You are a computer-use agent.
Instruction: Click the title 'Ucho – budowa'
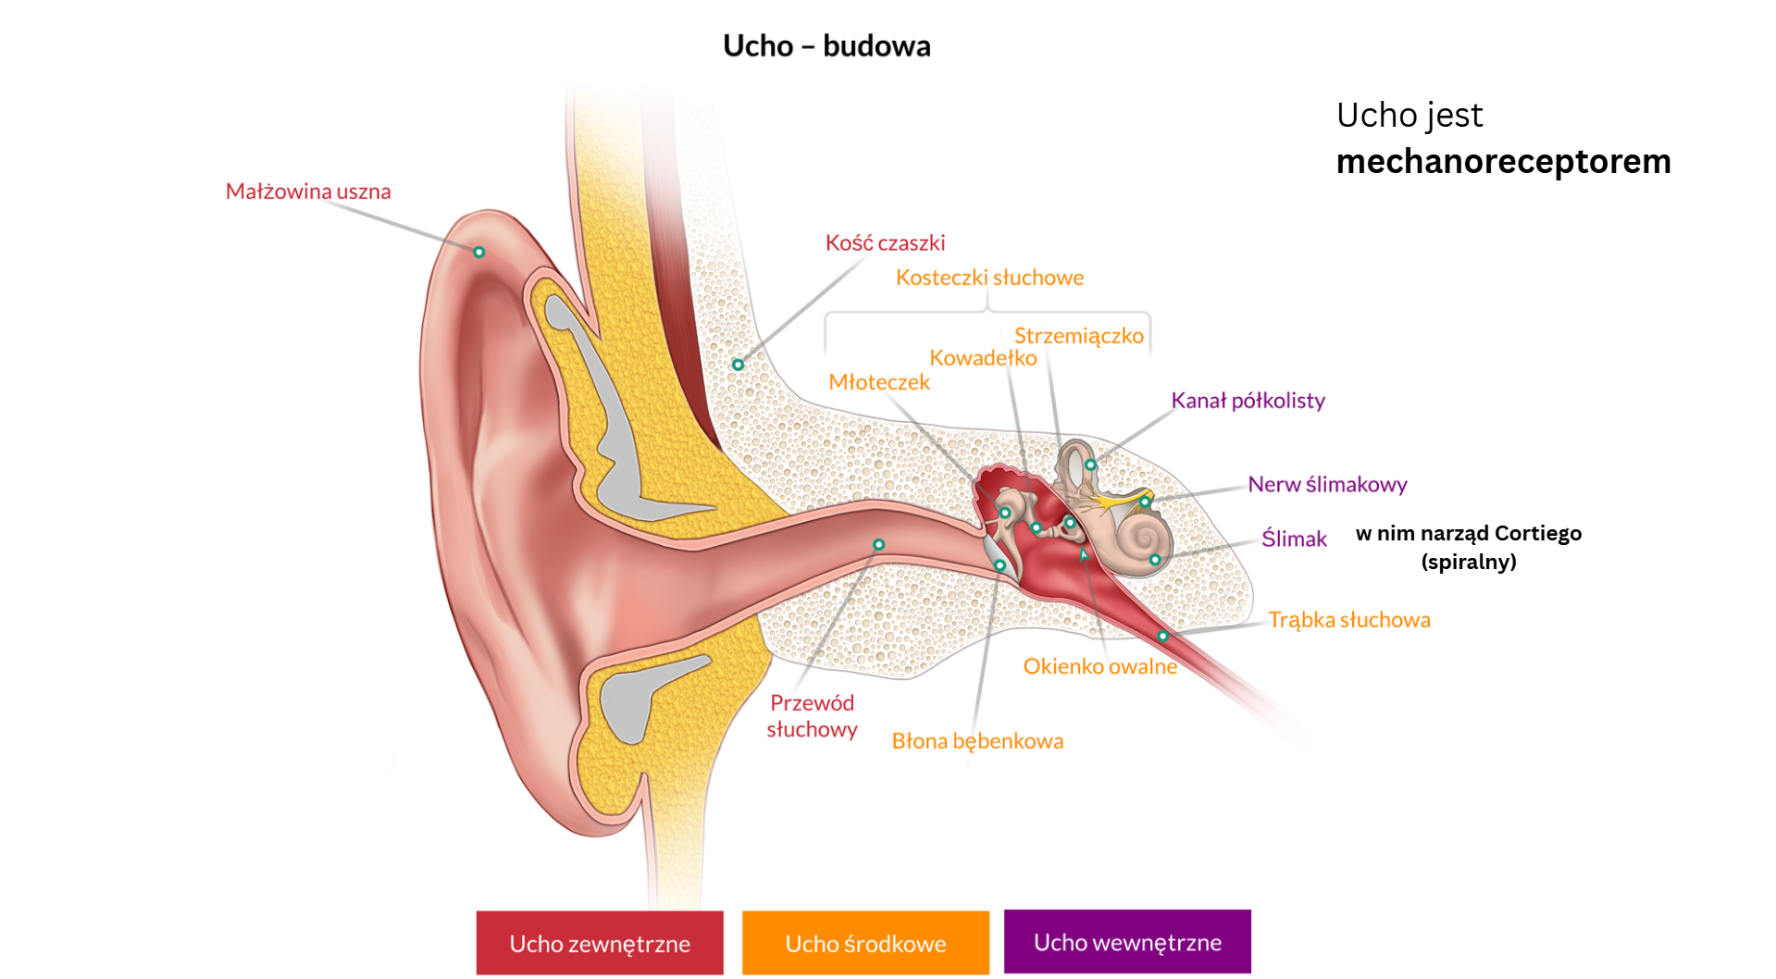point(826,45)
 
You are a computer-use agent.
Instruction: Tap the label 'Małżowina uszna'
point(308,192)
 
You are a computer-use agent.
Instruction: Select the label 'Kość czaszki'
point(885,243)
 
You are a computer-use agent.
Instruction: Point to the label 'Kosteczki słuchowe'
point(989,278)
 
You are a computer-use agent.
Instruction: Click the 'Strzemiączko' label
point(1078,336)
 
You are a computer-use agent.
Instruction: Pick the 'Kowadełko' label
point(983,358)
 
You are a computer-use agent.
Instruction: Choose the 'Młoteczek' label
point(878,382)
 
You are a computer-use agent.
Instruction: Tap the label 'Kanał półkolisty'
point(1248,401)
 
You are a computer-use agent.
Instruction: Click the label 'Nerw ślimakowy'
point(1327,484)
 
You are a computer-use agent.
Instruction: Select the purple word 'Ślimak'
point(1294,539)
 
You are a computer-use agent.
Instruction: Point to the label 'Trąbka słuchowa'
point(1348,620)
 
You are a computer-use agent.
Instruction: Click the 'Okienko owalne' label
point(1099,666)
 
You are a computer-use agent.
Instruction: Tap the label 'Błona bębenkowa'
point(977,741)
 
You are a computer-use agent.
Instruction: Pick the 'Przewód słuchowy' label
point(812,716)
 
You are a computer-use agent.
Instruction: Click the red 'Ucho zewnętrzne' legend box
point(600,943)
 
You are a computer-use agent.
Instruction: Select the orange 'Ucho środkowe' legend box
point(865,943)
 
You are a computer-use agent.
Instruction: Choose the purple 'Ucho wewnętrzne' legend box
point(1127,942)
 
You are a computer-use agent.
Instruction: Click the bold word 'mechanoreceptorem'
point(1503,162)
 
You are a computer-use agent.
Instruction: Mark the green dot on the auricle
point(479,252)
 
